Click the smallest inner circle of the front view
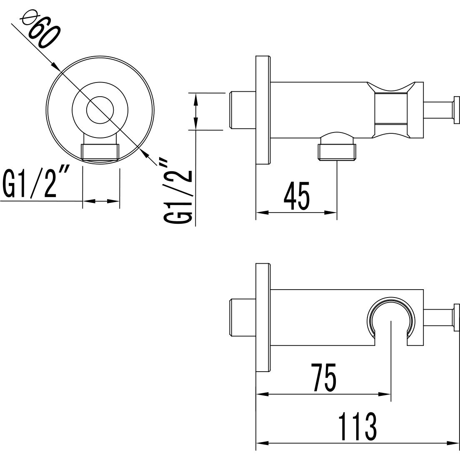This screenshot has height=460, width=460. pyautogui.click(x=100, y=111)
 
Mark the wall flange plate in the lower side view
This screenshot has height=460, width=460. pyautogui.click(x=263, y=317)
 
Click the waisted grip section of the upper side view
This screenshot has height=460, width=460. pyautogui.click(x=390, y=110)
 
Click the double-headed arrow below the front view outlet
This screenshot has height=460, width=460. pyautogui.click(x=101, y=201)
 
